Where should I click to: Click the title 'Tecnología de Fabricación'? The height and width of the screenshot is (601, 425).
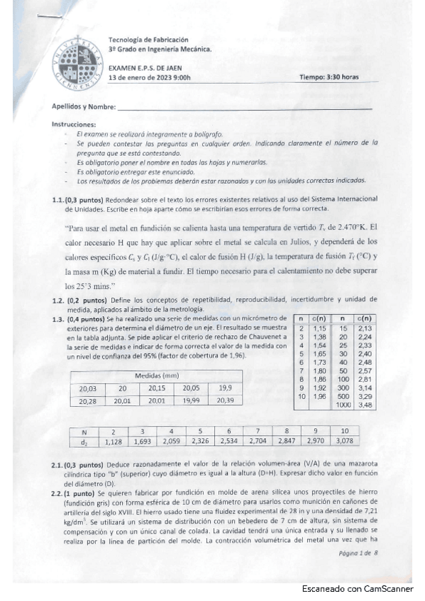coord(148,40)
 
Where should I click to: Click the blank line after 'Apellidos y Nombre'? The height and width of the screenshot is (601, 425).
coord(245,108)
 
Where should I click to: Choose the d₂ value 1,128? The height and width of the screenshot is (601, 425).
coord(112,442)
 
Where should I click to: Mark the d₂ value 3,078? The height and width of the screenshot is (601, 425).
coord(345,442)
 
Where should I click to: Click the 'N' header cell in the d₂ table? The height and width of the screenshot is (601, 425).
coord(84,432)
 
